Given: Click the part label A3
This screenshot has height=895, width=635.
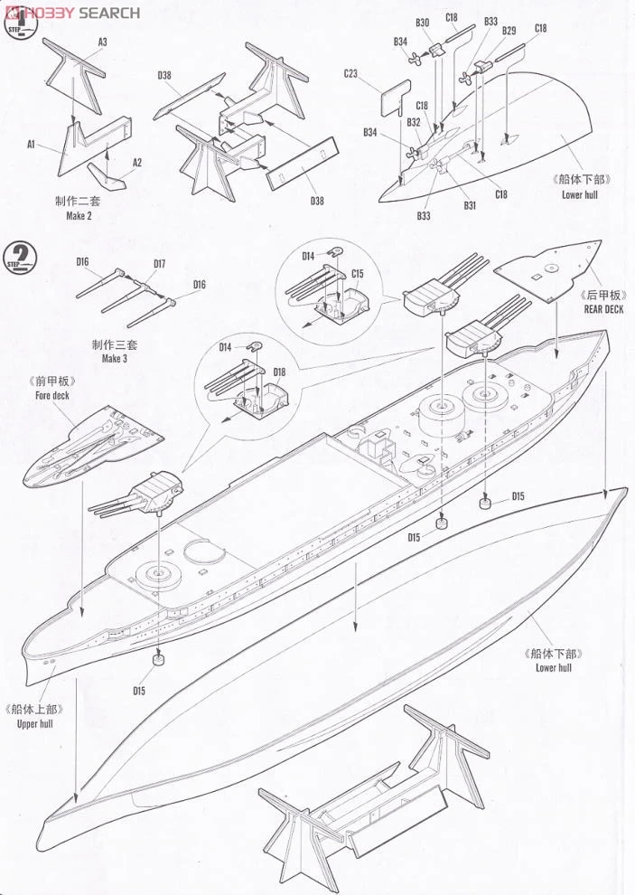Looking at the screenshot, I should pos(102,42).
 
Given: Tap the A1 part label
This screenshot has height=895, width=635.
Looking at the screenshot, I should pos(30,143).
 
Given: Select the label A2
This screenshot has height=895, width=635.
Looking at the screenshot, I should pos(137,163).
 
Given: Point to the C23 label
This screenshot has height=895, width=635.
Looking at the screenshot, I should pos(352,74).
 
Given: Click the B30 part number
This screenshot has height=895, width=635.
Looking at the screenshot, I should pos(423,22).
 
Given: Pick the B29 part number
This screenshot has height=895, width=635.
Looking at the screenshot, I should pos(509,30).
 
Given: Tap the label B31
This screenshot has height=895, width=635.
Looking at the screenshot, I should pos(471,205).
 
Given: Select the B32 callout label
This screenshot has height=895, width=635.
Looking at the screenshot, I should pos(414,122).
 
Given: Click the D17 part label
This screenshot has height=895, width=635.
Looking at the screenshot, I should pos(159,264).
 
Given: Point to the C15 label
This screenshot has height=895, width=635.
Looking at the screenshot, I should pos(358,273).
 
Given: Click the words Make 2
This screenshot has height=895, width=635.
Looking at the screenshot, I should pos(79,216).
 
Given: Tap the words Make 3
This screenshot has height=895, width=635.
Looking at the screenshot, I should pos(114,358).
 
